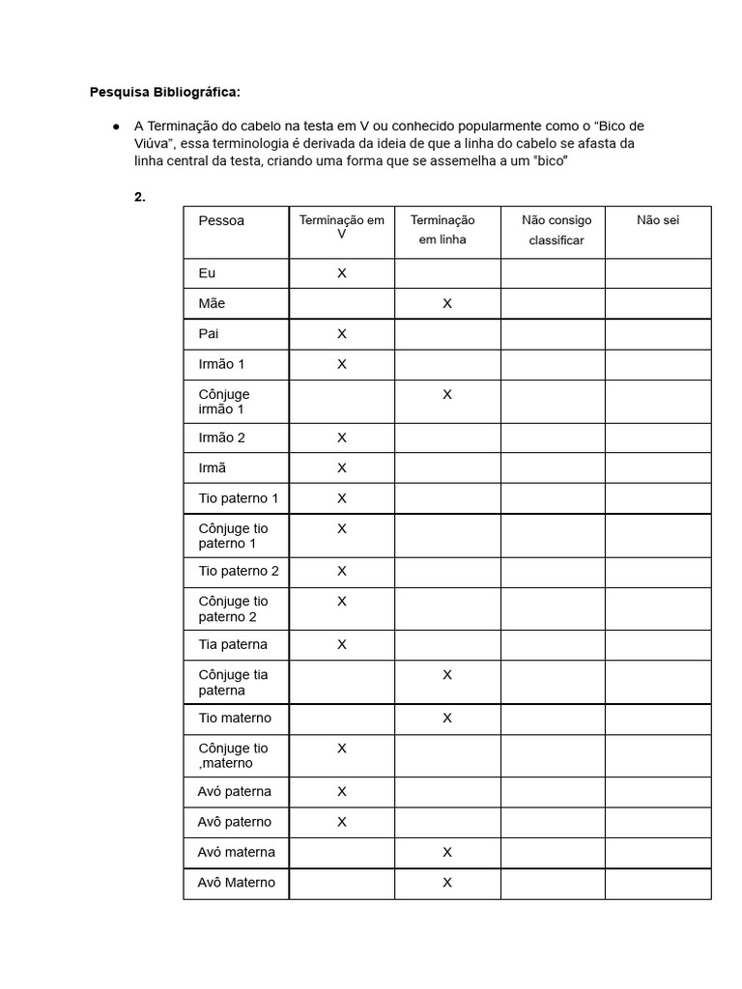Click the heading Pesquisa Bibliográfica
tap(164, 93)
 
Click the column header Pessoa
tap(221, 220)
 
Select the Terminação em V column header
tap(341, 227)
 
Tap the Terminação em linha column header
tap(442, 230)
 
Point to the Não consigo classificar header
tap(556, 230)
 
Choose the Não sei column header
tap(658, 220)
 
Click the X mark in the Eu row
tap(341, 273)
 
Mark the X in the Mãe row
tap(447, 303)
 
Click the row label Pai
tap(209, 333)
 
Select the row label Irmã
tap(212, 467)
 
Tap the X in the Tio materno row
tap(447, 718)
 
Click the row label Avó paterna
tap(235, 791)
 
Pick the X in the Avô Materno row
tap(447, 882)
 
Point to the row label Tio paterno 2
tap(239, 571)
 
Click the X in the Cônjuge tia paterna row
tap(447, 675)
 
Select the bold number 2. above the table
tap(140, 197)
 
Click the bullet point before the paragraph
tap(116, 127)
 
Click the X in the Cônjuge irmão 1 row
tap(447, 394)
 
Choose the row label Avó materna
tap(236, 852)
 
